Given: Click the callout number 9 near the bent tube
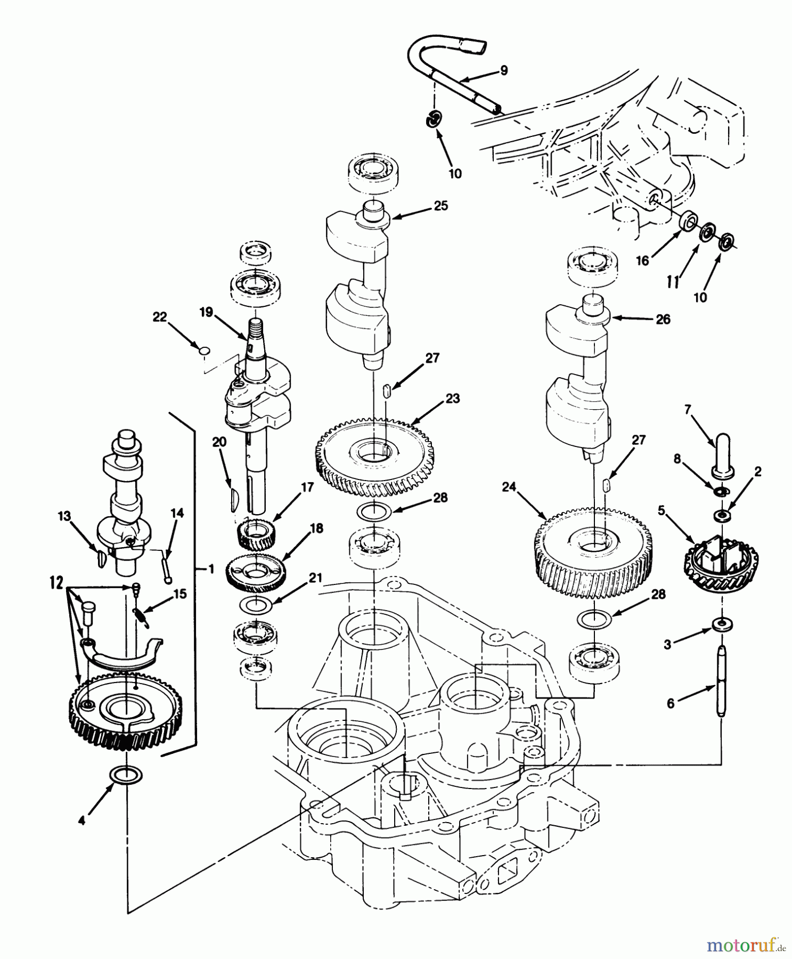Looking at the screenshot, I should [x=503, y=70].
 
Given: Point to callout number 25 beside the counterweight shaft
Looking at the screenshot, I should [x=441, y=206].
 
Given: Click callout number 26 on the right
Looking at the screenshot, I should [x=663, y=319].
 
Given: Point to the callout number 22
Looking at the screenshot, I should [x=159, y=317].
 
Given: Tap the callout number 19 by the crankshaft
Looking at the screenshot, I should [x=206, y=312].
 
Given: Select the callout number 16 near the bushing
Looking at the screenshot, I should [x=643, y=261].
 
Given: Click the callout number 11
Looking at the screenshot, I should [x=673, y=281].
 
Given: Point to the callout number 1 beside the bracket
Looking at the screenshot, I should [x=211, y=570].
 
